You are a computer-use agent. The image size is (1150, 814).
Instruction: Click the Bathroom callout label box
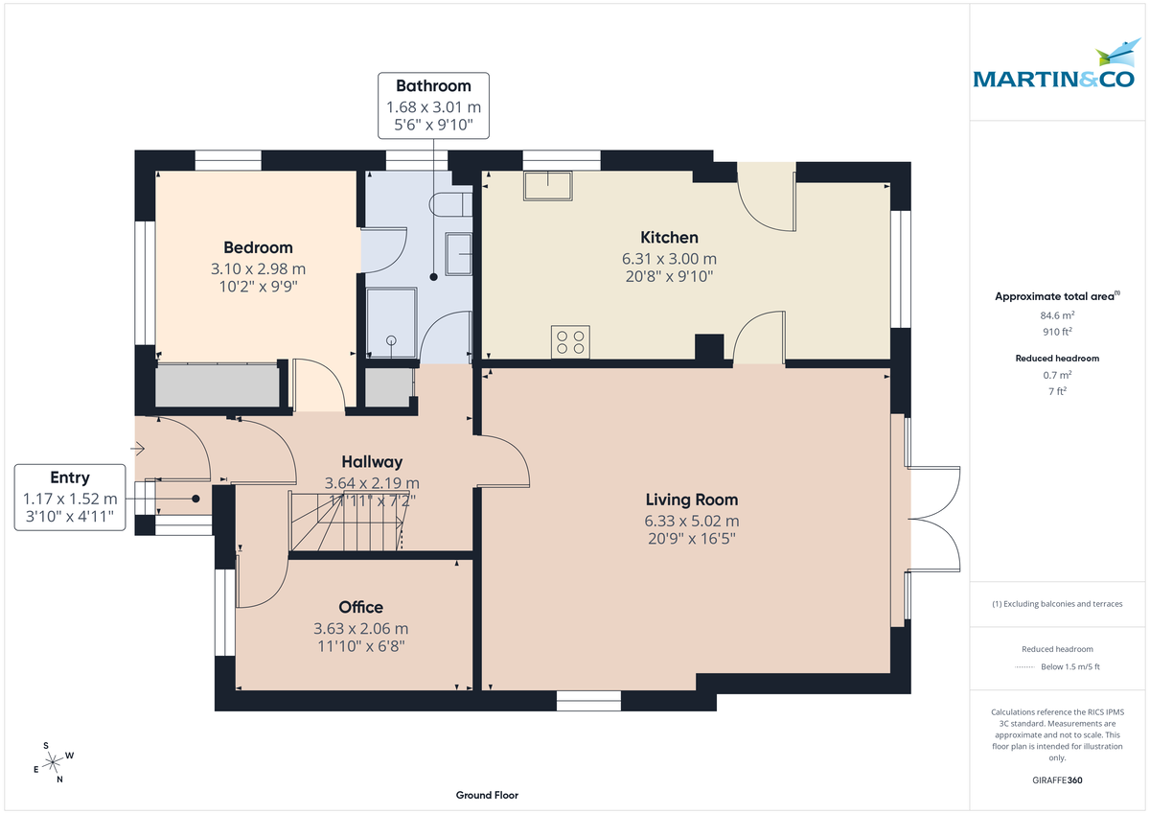[x=433, y=105]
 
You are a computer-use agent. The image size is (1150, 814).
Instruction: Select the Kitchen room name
[x=669, y=237]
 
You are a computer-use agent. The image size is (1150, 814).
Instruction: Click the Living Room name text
[x=691, y=500]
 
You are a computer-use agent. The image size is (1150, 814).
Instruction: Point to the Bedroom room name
[x=258, y=247]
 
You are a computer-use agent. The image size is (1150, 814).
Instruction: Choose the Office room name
[x=360, y=607]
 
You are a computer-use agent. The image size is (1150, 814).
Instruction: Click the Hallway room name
[x=372, y=462]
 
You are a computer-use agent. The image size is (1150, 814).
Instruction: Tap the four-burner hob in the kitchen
[x=570, y=342]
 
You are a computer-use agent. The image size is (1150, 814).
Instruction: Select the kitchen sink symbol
[x=547, y=185]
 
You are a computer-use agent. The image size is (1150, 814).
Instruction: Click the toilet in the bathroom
[x=451, y=202]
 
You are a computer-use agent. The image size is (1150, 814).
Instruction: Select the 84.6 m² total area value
[x=1057, y=314]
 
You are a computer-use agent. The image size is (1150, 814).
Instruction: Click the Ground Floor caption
[x=487, y=796]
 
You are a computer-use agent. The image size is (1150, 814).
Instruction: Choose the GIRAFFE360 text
[x=1057, y=780]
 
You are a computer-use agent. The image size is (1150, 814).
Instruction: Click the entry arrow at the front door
[x=140, y=448]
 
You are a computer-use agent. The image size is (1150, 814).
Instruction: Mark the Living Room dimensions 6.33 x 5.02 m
[x=691, y=521]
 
